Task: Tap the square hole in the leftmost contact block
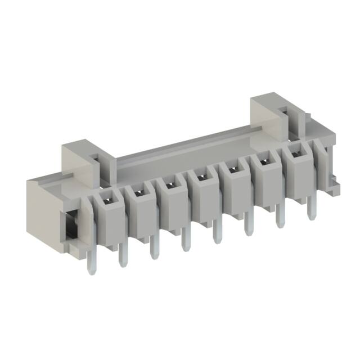[x=104, y=197]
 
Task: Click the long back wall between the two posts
[x=186, y=149]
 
